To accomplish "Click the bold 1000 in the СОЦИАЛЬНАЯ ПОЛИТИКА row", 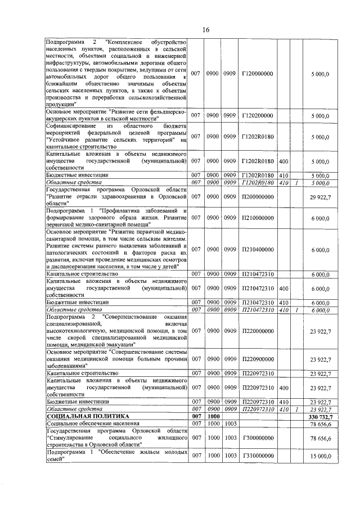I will point(213,416).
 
